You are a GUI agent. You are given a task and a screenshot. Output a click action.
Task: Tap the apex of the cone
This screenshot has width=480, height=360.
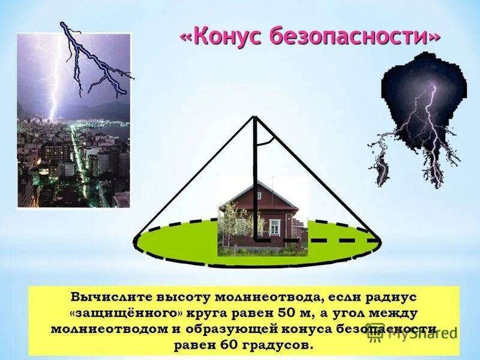255,116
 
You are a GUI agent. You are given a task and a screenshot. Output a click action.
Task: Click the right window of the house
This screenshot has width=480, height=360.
275,227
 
